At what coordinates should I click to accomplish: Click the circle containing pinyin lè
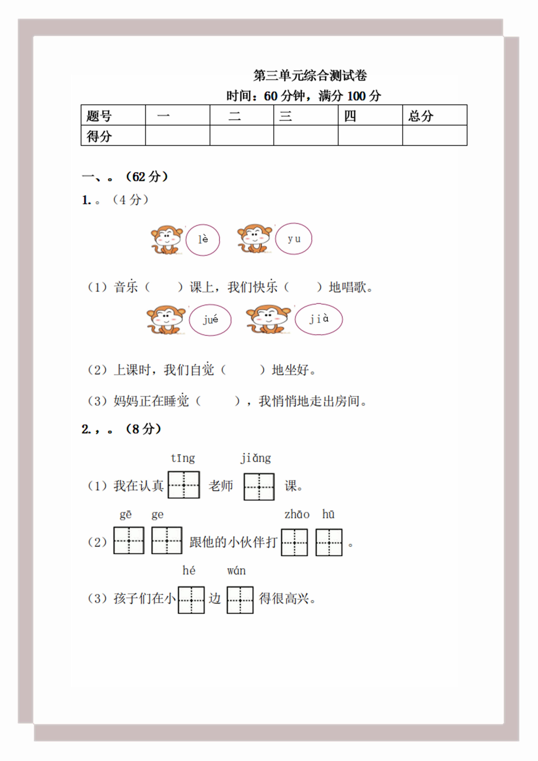(202, 240)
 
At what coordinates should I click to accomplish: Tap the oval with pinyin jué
(210, 320)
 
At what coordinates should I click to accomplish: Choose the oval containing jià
(318, 319)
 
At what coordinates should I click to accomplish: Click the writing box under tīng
(184, 485)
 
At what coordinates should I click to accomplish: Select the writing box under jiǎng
(259, 486)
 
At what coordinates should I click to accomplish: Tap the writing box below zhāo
(294, 542)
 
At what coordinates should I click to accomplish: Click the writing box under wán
(240, 600)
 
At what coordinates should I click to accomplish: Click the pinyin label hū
(328, 514)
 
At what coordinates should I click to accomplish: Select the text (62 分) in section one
(147, 177)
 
